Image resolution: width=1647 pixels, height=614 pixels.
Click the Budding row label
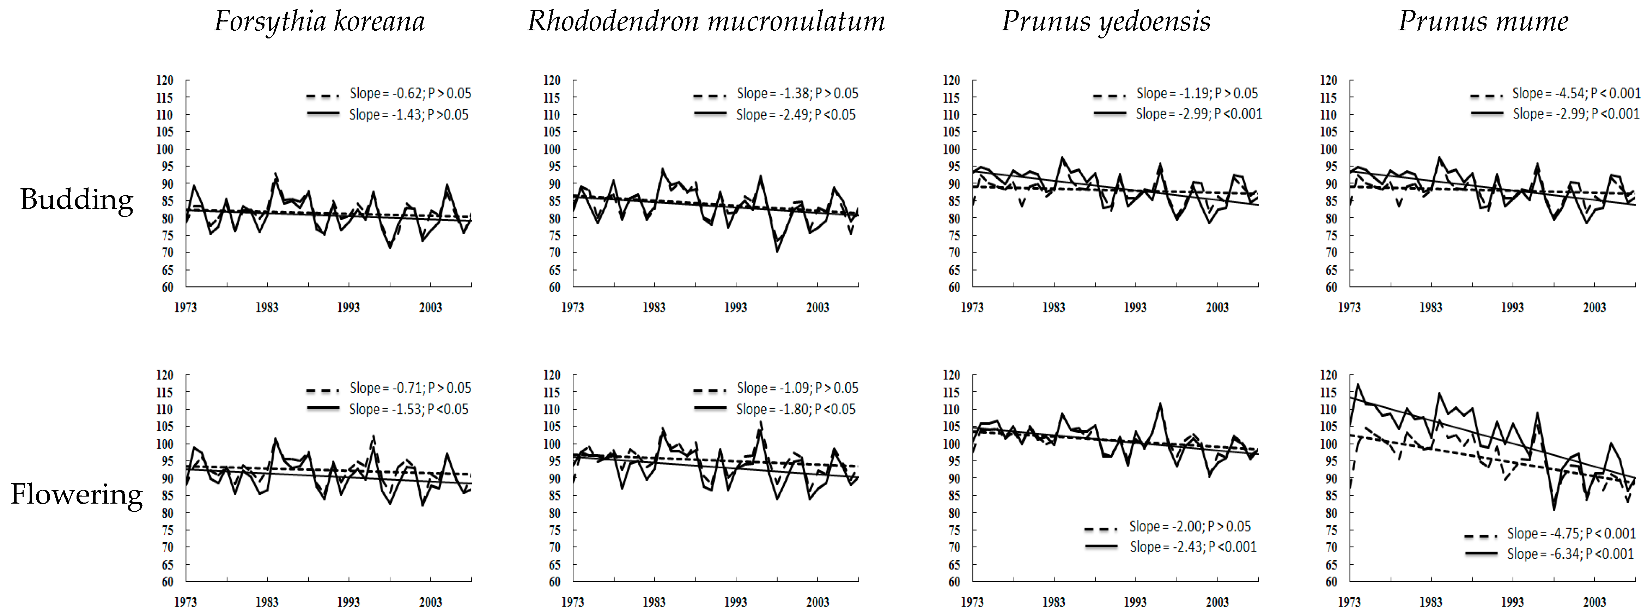tap(77, 200)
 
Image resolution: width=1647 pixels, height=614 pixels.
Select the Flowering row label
tap(77, 494)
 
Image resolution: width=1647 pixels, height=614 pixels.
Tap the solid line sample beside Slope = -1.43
tap(323, 113)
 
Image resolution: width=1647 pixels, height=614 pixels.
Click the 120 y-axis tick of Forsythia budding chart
tap(165, 81)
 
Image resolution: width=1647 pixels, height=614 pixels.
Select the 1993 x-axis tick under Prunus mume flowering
tap(1512, 602)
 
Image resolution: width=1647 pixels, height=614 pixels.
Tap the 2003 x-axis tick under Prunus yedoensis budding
tap(1217, 308)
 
